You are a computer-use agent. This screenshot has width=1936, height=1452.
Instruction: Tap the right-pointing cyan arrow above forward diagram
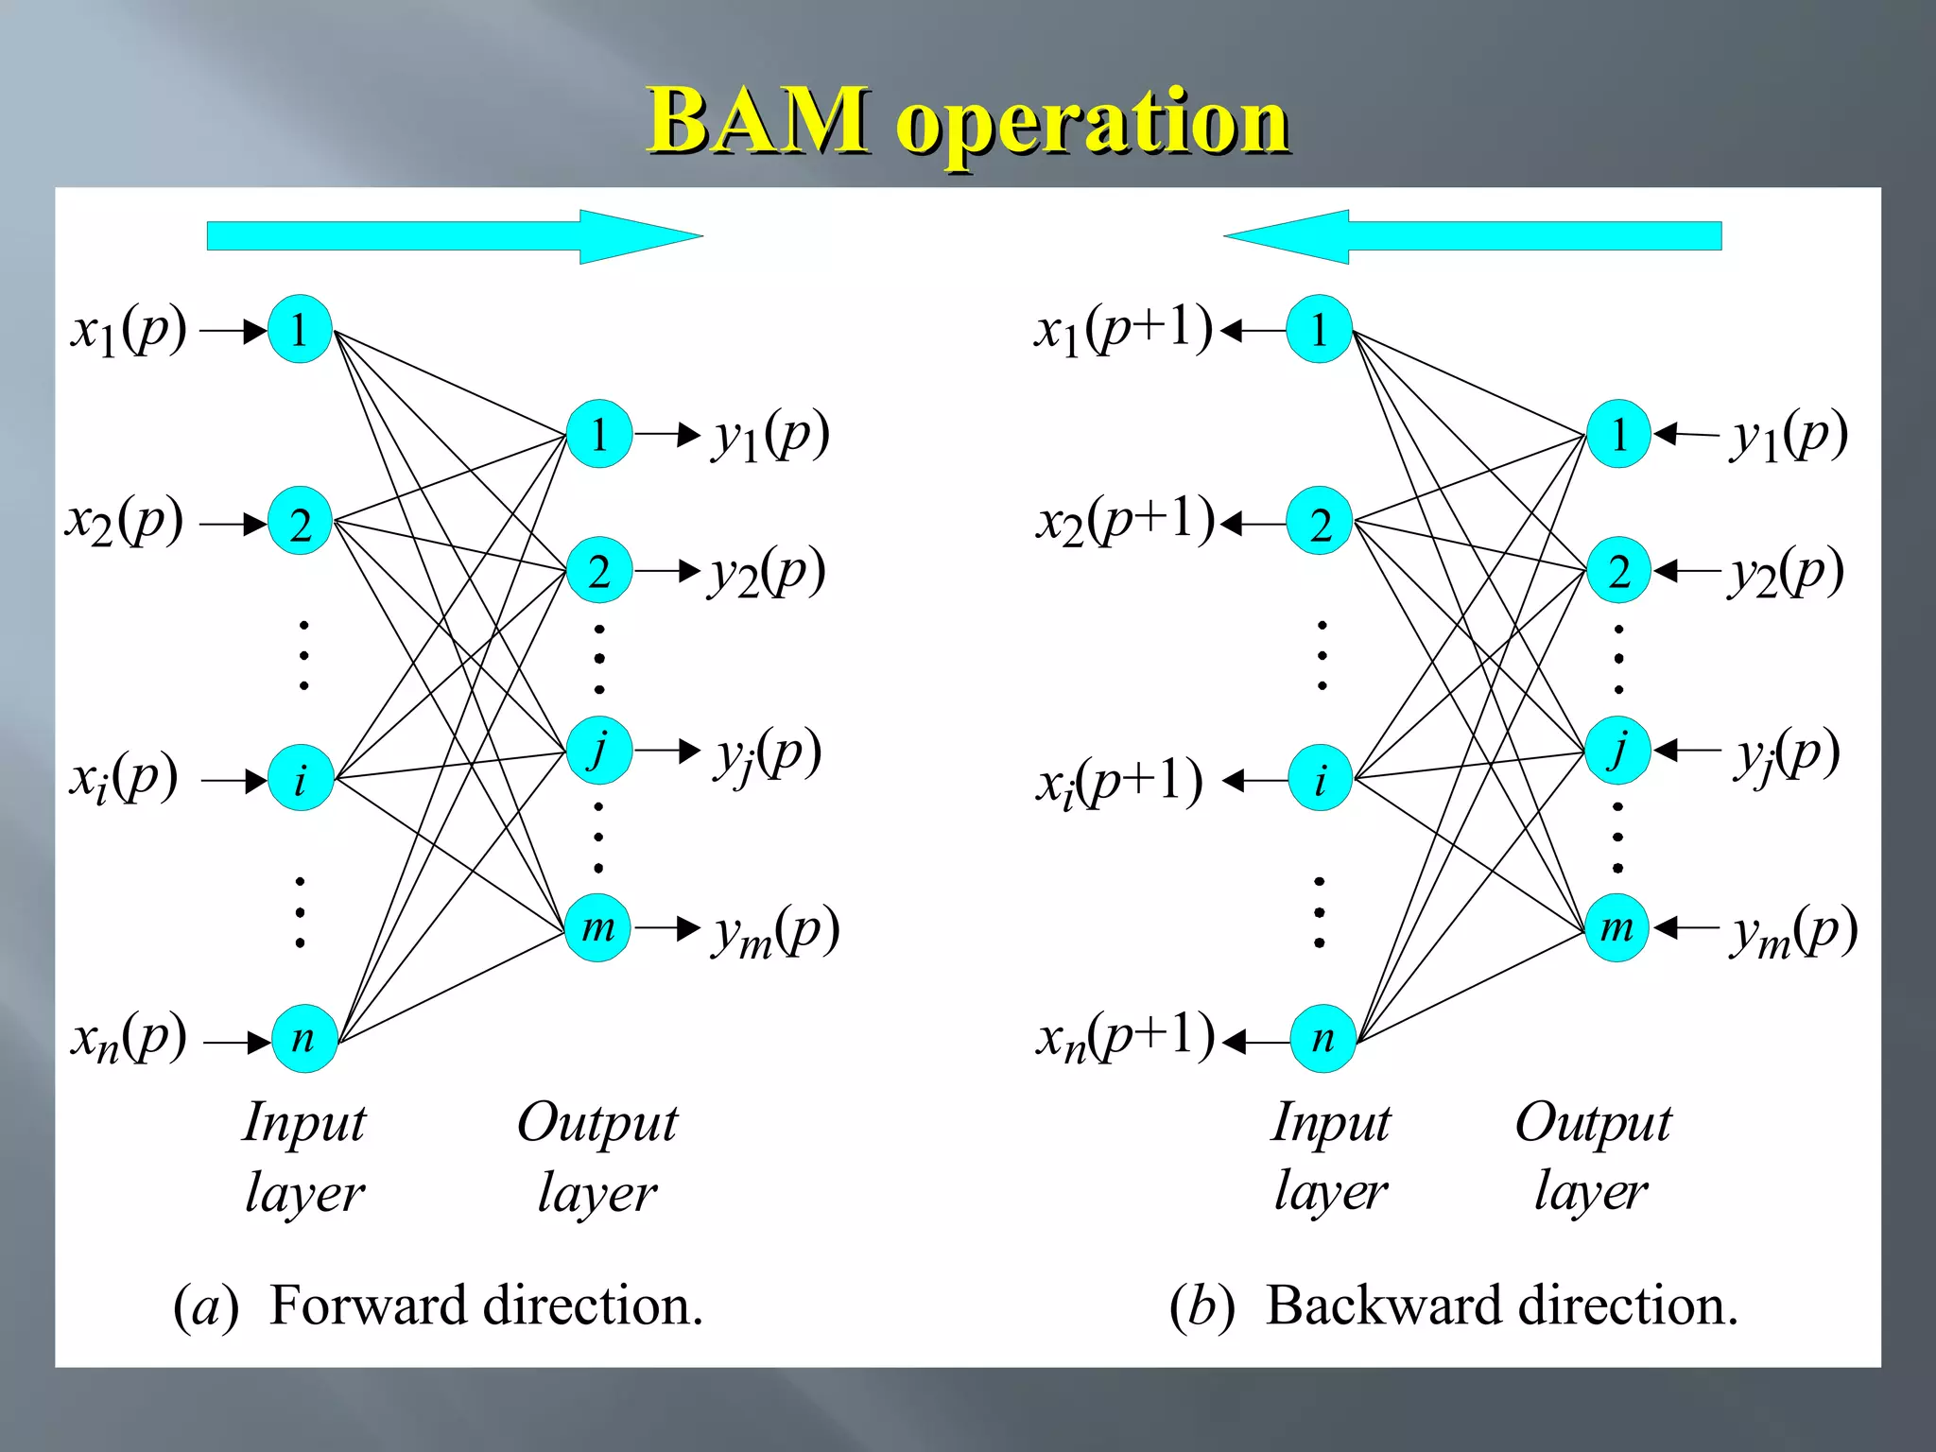454,236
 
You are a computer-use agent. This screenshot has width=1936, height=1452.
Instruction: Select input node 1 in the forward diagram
300,330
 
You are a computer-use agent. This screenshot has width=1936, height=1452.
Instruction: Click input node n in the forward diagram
303,1038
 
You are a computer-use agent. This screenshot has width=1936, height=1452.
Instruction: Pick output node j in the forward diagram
598,750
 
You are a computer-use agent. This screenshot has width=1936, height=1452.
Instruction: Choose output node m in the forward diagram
597,927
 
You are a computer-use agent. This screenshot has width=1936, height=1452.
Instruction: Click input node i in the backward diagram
1321,779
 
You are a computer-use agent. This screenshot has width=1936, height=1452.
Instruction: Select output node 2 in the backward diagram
1618,571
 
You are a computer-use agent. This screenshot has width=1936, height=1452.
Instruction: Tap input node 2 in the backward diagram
1320,522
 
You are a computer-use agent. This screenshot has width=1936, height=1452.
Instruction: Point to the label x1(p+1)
1122,331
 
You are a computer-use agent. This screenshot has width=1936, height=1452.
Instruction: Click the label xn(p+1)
1125,1037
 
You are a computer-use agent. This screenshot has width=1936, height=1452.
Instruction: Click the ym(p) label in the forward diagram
775,930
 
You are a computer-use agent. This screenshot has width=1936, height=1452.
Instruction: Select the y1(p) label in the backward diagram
1789,436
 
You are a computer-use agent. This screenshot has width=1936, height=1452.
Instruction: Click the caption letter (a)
205,1306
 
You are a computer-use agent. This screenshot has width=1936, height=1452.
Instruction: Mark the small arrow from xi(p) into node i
234,781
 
